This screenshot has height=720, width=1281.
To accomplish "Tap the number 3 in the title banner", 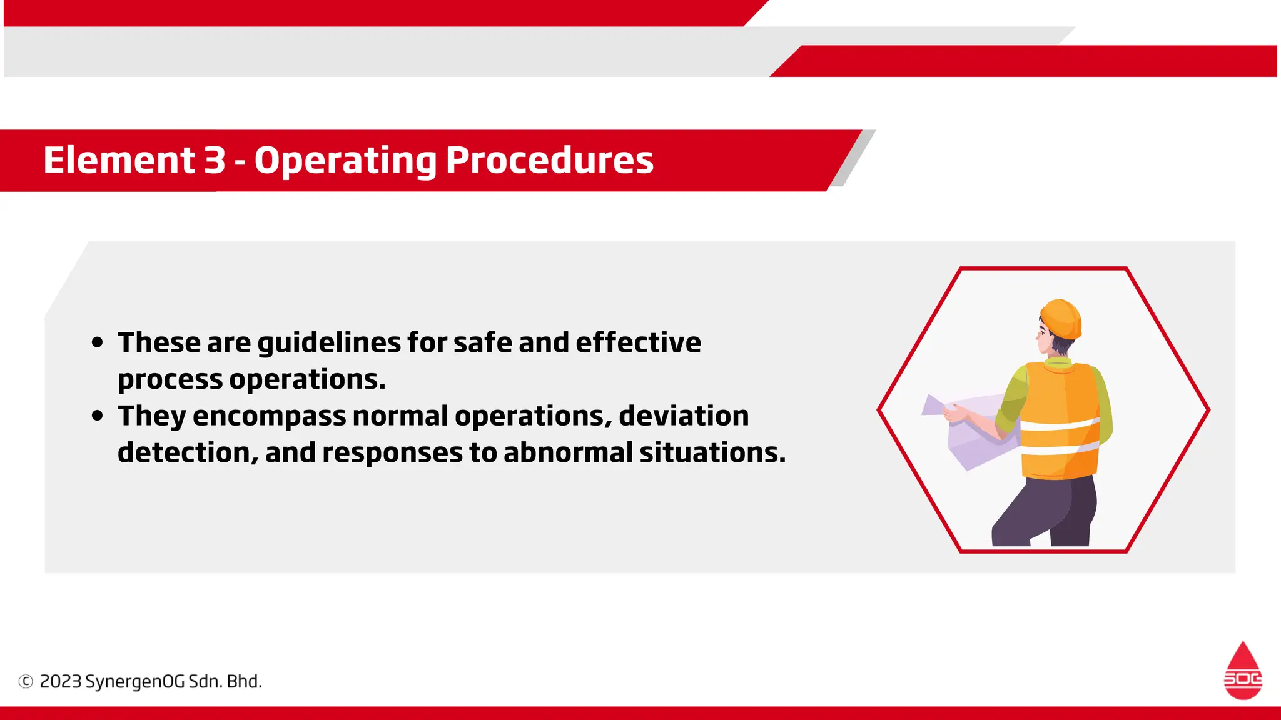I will (x=215, y=160).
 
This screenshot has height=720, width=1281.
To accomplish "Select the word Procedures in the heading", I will (x=549, y=160).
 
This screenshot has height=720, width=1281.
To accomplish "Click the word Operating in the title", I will (x=345, y=161).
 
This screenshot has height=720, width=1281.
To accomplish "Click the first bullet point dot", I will (x=97, y=342).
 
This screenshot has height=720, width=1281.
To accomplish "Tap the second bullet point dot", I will (x=97, y=416).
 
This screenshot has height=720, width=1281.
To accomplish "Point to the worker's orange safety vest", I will (x=1060, y=419).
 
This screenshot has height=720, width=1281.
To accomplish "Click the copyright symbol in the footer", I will (x=26, y=681).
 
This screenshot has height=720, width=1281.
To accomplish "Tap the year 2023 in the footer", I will (x=61, y=681).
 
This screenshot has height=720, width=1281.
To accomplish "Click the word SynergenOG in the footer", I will (x=134, y=681).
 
